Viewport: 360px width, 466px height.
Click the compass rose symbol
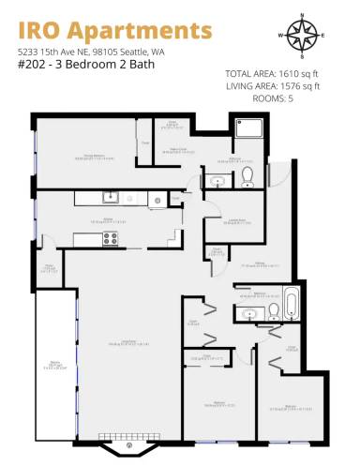(302, 36)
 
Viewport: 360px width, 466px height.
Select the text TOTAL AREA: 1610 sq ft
(273, 74)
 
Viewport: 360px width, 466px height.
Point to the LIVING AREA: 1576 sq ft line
(273, 85)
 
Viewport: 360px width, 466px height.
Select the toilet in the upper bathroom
(247, 175)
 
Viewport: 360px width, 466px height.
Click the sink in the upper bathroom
(218, 181)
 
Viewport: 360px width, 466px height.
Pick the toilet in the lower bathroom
(272, 309)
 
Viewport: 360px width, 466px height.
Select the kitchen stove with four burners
(111, 238)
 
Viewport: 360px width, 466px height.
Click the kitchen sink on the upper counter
(111, 197)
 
